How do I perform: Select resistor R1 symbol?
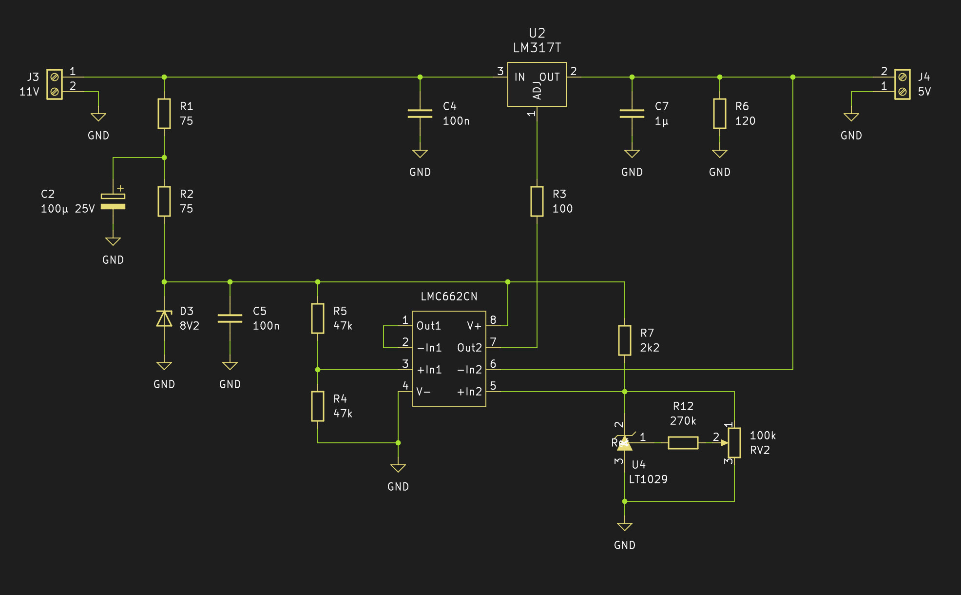(x=164, y=114)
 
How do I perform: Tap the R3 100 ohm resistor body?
(x=537, y=201)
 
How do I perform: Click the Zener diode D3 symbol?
(x=164, y=318)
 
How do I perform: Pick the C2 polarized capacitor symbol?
(x=113, y=201)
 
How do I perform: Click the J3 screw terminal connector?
(x=55, y=84)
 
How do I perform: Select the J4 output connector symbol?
(x=903, y=84)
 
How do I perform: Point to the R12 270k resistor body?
(x=683, y=443)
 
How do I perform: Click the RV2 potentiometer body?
(x=734, y=443)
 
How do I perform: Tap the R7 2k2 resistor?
(x=625, y=340)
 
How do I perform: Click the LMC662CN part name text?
(x=449, y=297)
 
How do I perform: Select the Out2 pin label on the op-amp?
(x=469, y=348)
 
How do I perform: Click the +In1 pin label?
(x=429, y=370)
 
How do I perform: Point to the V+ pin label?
(x=474, y=326)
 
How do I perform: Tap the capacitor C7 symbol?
(x=632, y=114)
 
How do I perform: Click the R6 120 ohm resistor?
(x=720, y=114)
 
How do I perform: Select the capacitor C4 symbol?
(x=420, y=114)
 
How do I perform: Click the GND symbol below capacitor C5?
(x=230, y=366)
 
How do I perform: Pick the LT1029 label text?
(x=648, y=479)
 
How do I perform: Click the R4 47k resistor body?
(x=318, y=406)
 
